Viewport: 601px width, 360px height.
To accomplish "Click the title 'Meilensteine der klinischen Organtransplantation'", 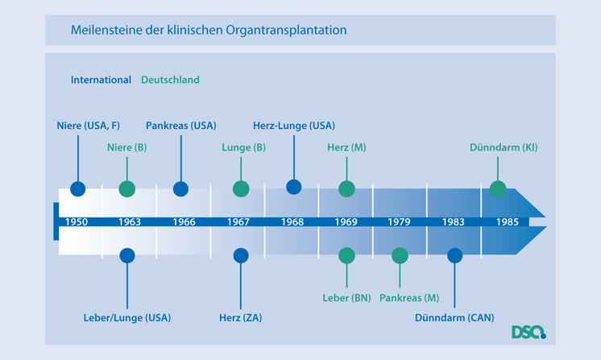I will point(208,31).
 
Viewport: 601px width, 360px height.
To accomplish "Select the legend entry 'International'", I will point(101,80).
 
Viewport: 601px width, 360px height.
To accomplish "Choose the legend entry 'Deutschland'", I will point(170,80).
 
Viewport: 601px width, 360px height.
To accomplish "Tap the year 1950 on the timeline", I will point(77,221).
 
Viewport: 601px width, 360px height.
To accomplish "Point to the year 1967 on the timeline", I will point(238,221).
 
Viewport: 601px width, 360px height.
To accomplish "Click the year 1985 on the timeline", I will point(508,221).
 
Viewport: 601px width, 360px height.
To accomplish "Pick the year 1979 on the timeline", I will point(400,221).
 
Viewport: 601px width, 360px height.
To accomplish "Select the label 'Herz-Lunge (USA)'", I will point(293,126).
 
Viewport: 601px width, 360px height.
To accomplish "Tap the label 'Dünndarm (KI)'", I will point(504,147).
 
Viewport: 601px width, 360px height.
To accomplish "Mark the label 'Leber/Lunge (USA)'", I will point(127,317).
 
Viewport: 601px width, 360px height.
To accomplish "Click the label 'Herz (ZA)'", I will point(240,317).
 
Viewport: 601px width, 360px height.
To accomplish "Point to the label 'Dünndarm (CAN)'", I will point(454,317).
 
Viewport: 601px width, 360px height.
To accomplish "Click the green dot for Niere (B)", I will point(127,188).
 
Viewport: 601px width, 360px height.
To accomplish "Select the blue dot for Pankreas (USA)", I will point(181,188).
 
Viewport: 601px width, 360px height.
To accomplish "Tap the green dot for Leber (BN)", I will point(346,255).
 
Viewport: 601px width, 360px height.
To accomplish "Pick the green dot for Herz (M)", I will point(346,188).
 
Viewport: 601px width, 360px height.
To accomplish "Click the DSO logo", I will point(528,331).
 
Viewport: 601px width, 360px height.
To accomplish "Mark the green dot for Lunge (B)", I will point(241,188).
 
